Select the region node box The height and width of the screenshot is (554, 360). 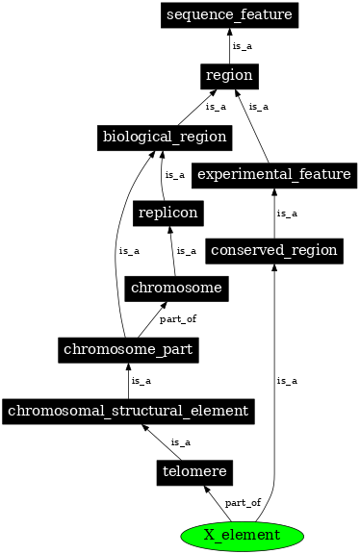(x=228, y=75)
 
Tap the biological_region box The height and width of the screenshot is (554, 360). (x=164, y=137)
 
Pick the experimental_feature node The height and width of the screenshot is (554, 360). (x=270, y=174)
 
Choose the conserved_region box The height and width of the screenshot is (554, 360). (x=274, y=251)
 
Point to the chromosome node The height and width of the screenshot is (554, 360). (x=176, y=288)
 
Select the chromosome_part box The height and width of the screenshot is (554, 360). (x=129, y=349)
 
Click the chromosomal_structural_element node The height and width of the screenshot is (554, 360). (x=129, y=411)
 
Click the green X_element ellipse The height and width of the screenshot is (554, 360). (x=242, y=534)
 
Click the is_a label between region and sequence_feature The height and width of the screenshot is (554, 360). (x=242, y=45)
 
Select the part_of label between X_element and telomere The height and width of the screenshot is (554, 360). (x=242, y=503)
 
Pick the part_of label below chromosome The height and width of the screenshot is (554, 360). (x=176, y=318)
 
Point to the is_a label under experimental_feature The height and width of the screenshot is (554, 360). (x=286, y=213)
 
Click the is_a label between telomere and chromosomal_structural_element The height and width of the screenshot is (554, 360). (x=180, y=441)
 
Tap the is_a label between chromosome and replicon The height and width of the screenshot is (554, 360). (x=187, y=250)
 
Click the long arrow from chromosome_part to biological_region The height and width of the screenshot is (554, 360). (x=116, y=250)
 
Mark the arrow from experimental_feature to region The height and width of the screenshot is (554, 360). (x=253, y=125)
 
